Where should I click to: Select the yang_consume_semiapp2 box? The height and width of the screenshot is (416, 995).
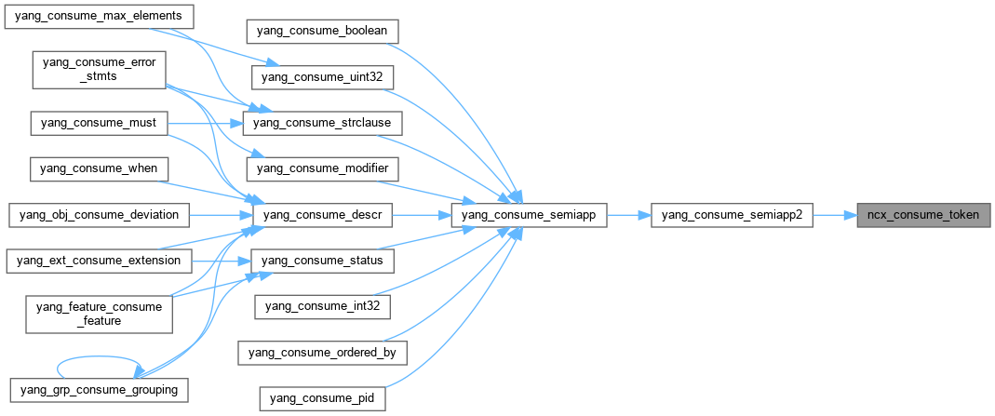pyautogui.click(x=732, y=215)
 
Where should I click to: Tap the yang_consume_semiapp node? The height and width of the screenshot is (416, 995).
pyautogui.click(x=529, y=215)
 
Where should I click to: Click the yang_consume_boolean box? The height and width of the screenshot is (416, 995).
pyautogui.click(x=323, y=31)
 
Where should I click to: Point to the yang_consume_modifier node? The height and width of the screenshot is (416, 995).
pyautogui.click(x=323, y=168)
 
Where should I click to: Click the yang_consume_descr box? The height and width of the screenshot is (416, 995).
pyautogui.click(x=324, y=215)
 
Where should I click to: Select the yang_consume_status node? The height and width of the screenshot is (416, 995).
pyautogui.click(x=323, y=261)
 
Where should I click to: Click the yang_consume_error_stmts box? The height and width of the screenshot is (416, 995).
pyautogui.click(x=99, y=70)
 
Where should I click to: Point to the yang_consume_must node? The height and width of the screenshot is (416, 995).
pyautogui.click(x=99, y=123)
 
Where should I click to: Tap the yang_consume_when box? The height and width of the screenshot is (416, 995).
pyautogui.click(x=99, y=168)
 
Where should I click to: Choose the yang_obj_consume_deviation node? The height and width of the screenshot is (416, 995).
pyautogui.click(x=99, y=215)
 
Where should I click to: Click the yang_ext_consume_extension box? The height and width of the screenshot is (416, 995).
pyautogui.click(x=99, y=261)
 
